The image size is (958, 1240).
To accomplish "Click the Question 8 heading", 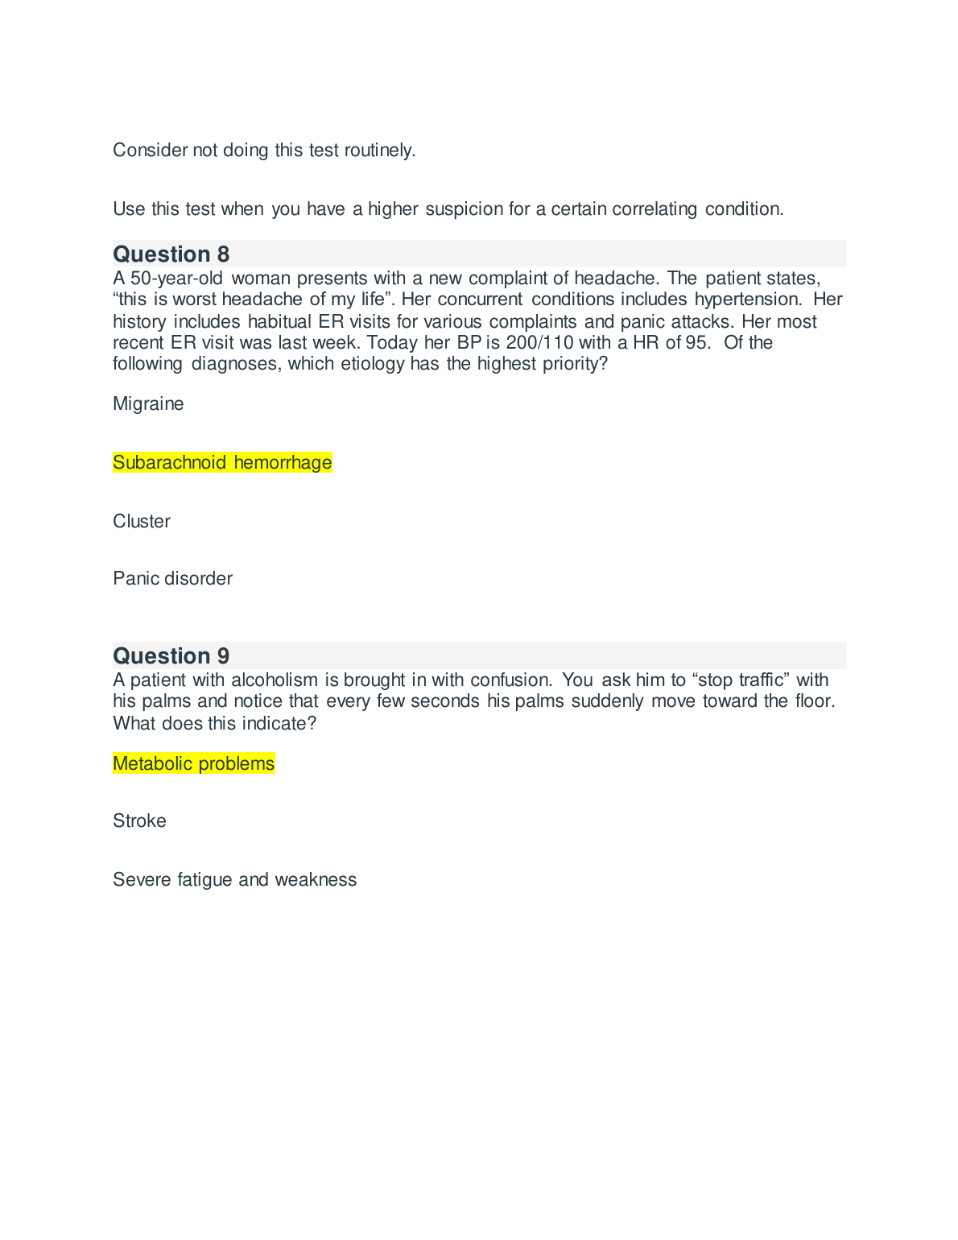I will click(171, 254).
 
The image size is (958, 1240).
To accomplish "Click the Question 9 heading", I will click(171, 656).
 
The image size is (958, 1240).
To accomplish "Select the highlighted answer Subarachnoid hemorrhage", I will click(222, 463).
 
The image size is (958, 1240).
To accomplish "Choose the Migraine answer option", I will click(148, 404).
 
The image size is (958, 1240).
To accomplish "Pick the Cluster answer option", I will click(142, 522).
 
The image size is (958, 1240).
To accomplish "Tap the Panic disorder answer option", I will click(172, 579).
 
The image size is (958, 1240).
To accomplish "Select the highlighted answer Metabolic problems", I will click(193, 764).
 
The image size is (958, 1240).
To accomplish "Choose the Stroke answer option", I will click(139, 821).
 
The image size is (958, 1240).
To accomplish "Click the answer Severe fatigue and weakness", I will click(234, 880).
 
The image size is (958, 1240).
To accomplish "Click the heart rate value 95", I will click(696, 343).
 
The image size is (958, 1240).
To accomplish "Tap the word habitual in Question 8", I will click(279, 322).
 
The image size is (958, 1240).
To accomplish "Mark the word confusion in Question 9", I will click(511, 680).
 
